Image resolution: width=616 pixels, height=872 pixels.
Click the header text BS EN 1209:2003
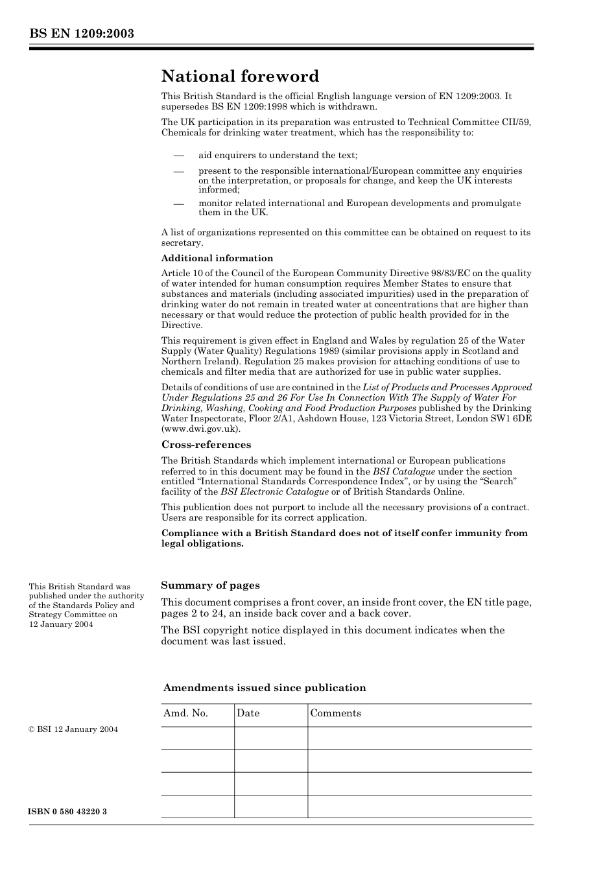81,34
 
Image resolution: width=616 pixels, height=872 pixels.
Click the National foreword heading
240,77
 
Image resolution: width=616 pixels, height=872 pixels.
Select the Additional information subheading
217,258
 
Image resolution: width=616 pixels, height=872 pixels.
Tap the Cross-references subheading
206,445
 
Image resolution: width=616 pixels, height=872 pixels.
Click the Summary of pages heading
210,585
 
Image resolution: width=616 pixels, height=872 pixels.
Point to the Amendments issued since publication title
265,688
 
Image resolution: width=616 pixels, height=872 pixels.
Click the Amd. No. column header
185,713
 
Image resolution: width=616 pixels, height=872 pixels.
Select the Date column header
248,713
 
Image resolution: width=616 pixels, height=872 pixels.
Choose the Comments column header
335,713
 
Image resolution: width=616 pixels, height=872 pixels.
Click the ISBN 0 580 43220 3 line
67,812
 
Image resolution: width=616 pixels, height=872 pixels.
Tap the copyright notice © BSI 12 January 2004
73,729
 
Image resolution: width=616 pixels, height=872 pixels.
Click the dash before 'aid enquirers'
178,156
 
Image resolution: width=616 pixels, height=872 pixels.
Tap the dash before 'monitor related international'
178,204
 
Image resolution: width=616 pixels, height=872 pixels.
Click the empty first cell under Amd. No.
197,738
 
